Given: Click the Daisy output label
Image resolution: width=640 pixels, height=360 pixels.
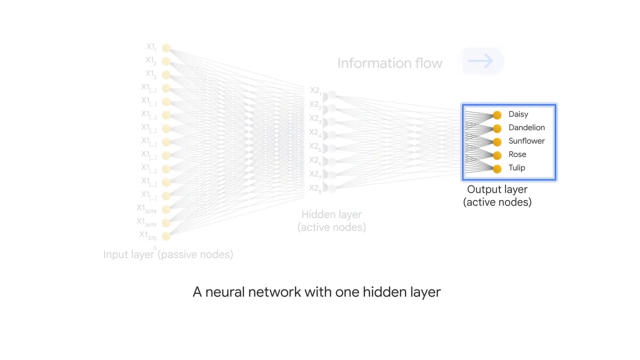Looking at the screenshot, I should point(518,114).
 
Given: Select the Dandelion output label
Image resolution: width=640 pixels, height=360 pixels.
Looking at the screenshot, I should point(526,128).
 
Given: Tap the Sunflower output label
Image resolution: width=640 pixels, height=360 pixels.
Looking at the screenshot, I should point(526,141).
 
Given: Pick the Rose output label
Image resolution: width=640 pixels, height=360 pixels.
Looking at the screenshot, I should point(517,154).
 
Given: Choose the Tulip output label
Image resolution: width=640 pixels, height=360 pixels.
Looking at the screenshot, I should point(516,168).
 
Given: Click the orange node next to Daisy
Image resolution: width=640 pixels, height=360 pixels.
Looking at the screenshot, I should point(497,115).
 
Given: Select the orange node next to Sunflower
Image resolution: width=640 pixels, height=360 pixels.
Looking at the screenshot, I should point(497,142).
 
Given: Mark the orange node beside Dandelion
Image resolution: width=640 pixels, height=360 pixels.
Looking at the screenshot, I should point(497,129).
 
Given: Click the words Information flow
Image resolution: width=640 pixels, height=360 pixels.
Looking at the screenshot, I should point(389,63).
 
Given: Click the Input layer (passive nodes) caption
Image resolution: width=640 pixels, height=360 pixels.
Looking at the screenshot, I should point(168,254).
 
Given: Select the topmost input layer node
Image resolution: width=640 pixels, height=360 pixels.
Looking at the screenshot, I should point(166,48).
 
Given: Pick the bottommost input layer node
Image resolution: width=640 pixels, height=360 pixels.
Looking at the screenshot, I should point(166,236).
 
